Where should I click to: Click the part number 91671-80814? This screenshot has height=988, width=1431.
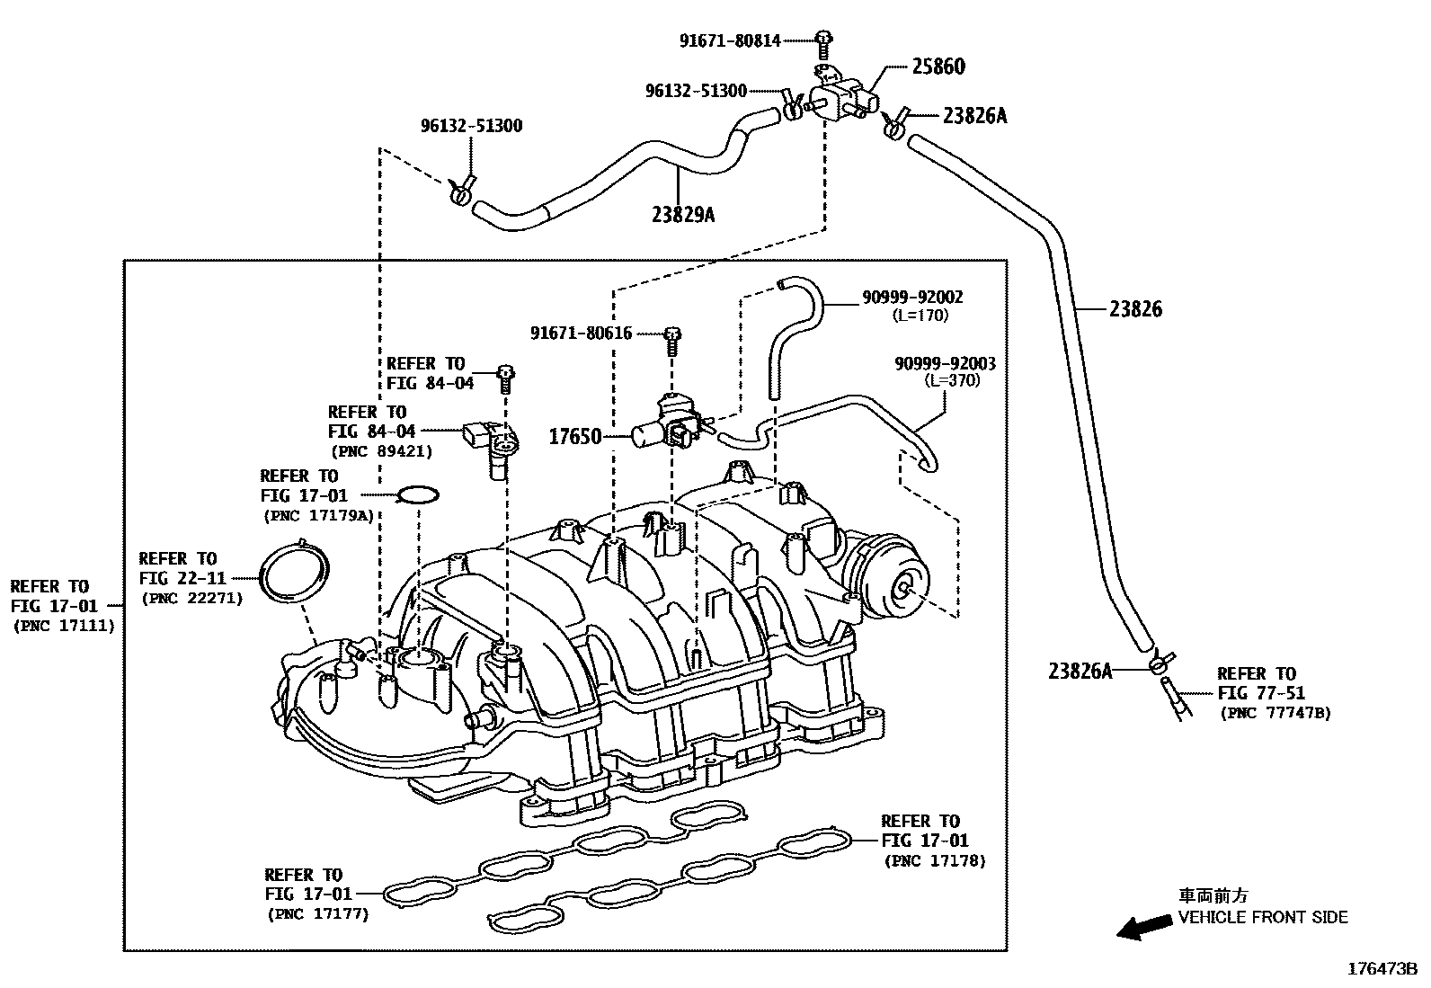pos(730,40)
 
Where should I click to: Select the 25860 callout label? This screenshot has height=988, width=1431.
pos(938,67)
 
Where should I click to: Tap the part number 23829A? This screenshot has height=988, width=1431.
pos(684,214)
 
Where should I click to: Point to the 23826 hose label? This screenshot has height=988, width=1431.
pos(1135,309)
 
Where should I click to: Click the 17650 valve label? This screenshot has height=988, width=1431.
pos(575,438)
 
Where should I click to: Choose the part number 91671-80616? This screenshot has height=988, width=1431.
pos(582,334)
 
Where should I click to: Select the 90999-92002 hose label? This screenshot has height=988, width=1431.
pos(912,297)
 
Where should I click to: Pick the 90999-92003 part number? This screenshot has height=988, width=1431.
pos(945,363)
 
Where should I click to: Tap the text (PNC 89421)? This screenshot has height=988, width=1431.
pos(382,451)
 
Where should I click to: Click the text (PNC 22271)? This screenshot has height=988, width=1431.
pos(191,598)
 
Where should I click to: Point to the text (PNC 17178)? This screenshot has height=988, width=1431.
pos(935,860)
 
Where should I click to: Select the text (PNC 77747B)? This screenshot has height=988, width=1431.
pos(1275,713)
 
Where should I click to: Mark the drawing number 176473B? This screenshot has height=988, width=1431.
pos(1382,969)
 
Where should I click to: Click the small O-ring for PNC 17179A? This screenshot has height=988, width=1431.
pos(418,494)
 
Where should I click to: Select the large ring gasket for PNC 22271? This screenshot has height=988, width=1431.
pos(294,572)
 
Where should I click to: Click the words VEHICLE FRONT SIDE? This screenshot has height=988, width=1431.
pos(1263,918)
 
